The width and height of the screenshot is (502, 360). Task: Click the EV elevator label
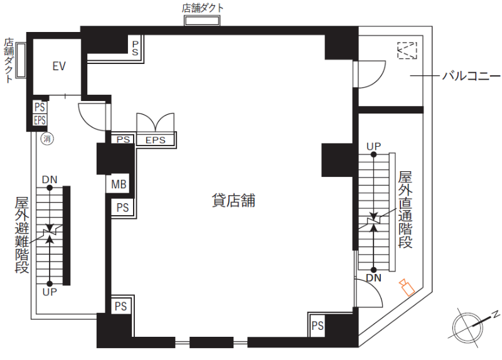click(x=59, y=66)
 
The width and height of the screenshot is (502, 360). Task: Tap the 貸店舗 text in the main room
click(x=233, y=201)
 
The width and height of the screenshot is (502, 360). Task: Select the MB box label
click(x=119, y=184)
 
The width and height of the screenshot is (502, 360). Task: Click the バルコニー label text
click(x=471, y=76)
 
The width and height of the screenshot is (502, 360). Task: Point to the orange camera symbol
click(x=407, y=287)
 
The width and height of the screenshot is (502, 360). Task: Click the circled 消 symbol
click(x=47, y=139)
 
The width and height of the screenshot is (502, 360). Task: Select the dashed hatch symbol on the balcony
click(x=407, y=50)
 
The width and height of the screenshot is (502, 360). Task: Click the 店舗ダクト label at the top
click(x=203, y=8)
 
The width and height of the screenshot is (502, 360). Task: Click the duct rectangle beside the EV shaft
click(x=21, y=60)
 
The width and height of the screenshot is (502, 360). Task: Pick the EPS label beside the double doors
click(x=155, y=140)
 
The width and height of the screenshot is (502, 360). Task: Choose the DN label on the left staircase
click(x=50, y=179)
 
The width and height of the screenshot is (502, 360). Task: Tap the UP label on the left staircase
click(x=50, y=292)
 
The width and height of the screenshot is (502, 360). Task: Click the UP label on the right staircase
click(x=373, y=147)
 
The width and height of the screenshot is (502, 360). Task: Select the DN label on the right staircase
click(x=373, y=278)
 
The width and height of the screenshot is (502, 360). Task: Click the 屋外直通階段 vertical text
click(x=405, y=209)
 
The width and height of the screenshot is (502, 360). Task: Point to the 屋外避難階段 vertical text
click(x=22, y=235)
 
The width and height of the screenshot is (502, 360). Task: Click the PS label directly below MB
click(x=122, y=208)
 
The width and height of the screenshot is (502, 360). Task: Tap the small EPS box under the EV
click(x=40, y=120)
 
